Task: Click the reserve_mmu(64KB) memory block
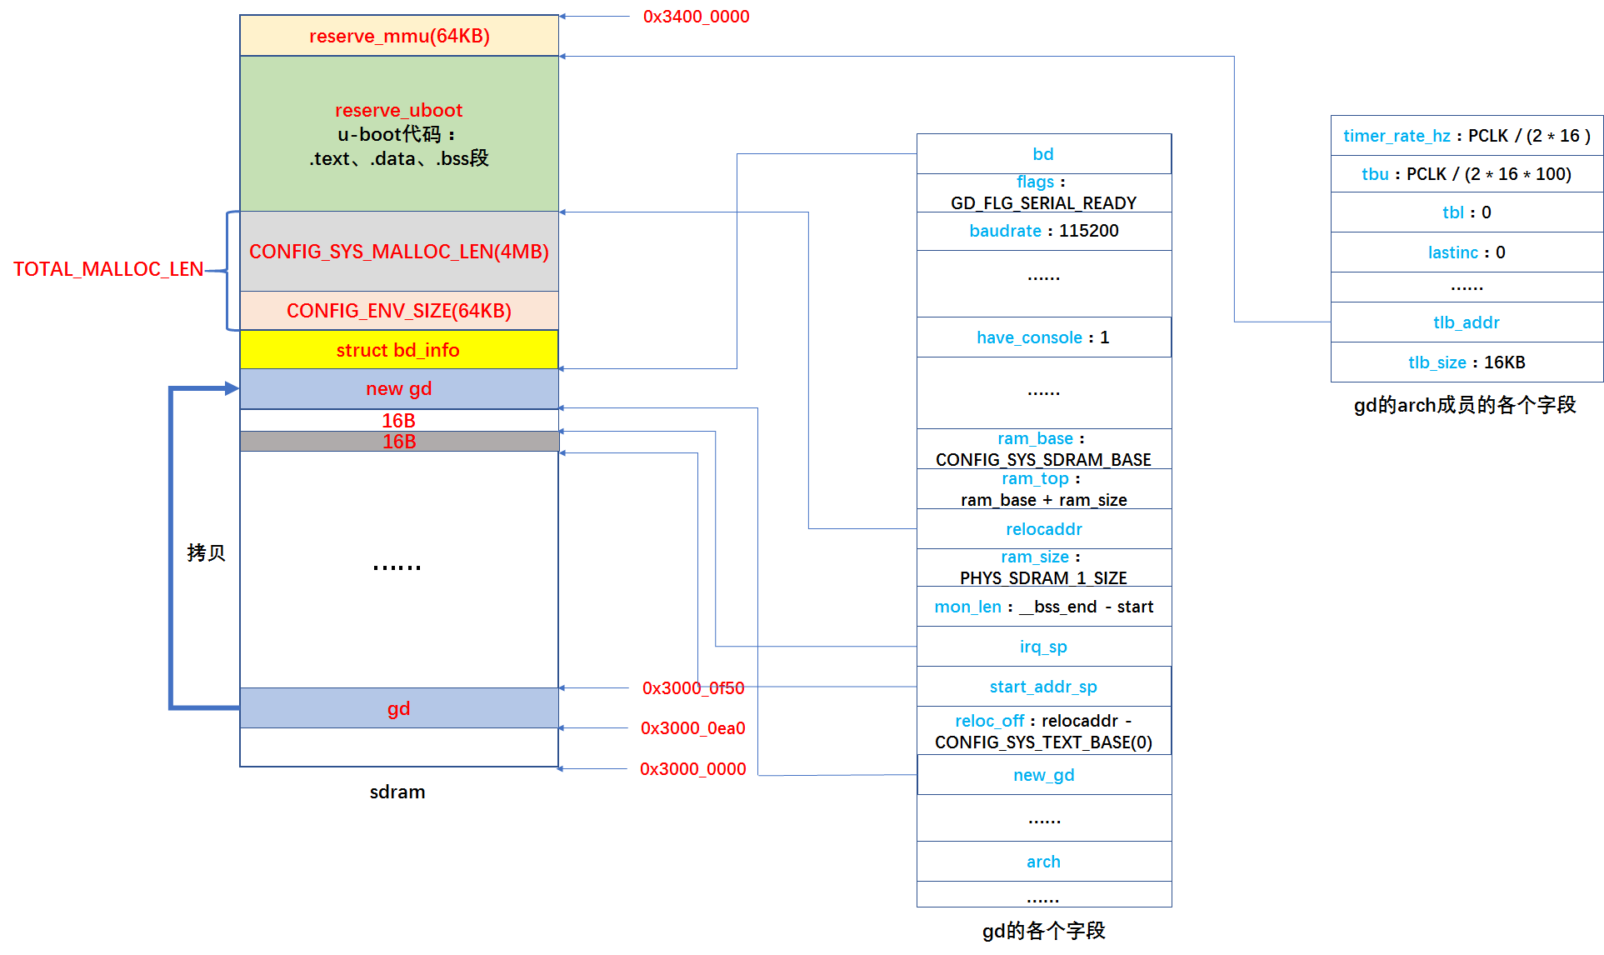tap(399, 36)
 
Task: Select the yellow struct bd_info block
tap(398, 350)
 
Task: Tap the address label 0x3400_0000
tap(696, 17)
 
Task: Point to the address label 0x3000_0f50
tap(692, 688)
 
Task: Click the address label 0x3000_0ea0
tap(692, 728)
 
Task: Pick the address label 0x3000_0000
tap(692, 769)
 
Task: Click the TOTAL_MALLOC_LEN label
tap(108, 269)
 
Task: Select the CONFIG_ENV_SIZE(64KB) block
tap(398, 311)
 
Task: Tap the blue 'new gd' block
tap(398, 388)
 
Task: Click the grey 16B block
tap(398, 442)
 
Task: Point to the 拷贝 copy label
tap(206, 552)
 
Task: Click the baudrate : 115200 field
tap(1043, 231)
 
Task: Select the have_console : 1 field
tap(1043, 337)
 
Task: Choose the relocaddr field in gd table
tap(1043, 529)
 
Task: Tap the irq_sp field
tap(1043, 647)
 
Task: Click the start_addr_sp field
tap(1043, 687)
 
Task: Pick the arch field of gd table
tap(1043, 862)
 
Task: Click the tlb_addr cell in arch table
tap(1466, 322)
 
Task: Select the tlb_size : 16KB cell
tap(1466, 362)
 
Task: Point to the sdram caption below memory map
tap(397, 792)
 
